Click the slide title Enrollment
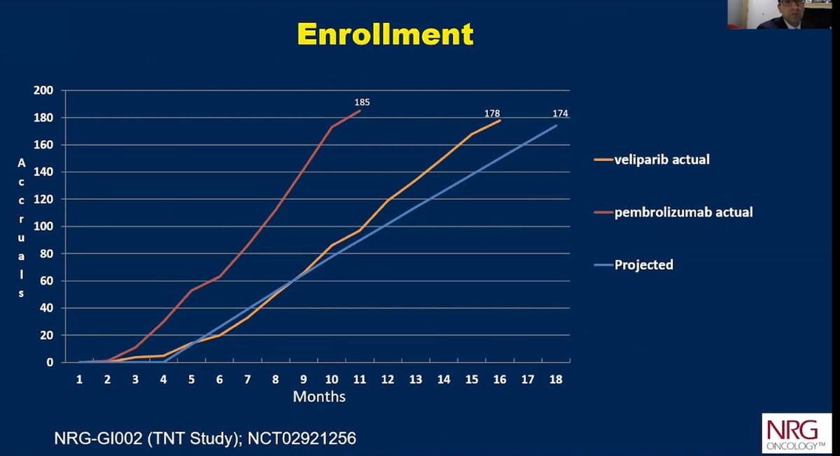[x=385, y=33]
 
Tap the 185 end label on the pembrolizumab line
[x=362, y=102]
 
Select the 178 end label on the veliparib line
[x=491, y=113]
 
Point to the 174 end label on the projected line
[x=559, y=113]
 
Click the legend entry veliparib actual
[x=661, y=160]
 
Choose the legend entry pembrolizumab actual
[x=683, y=212]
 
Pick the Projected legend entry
[x=643, y=265]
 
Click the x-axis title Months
[x=318, y=396]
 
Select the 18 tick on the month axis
[x=556, y=378]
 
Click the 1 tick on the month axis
[x=80, y=378]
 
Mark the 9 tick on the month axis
[x=303, y=378]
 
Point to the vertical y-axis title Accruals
[x=21, y=227]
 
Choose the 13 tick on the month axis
[x=415, y=378]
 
